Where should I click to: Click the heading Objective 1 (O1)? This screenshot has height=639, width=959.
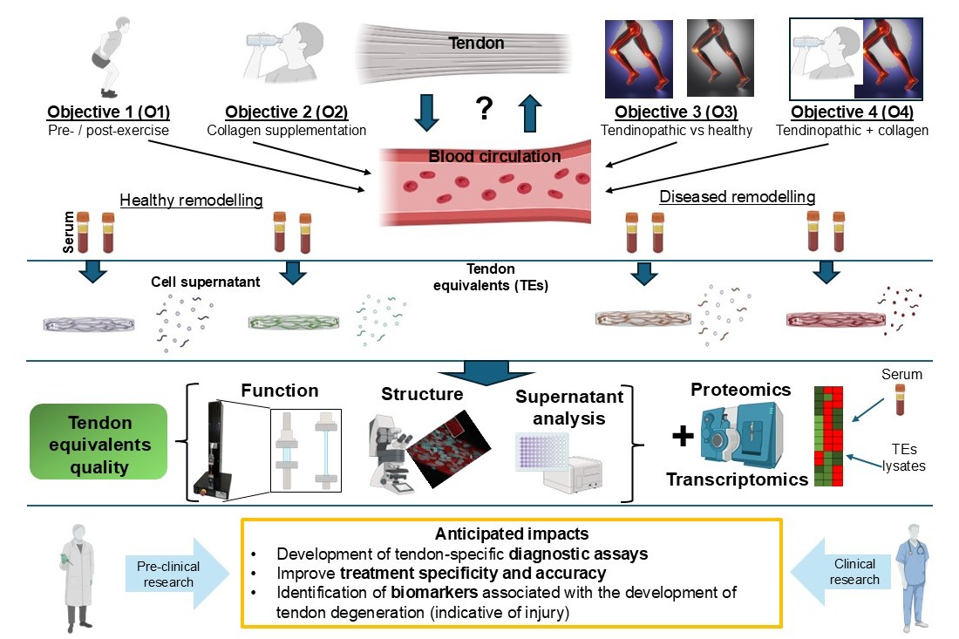click(109, 112)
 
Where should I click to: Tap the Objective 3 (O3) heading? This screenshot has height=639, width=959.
click(676, 112)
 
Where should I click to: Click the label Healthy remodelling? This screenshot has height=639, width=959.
click(192, 201)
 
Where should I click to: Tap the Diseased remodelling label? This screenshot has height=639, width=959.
click(738, 197)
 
